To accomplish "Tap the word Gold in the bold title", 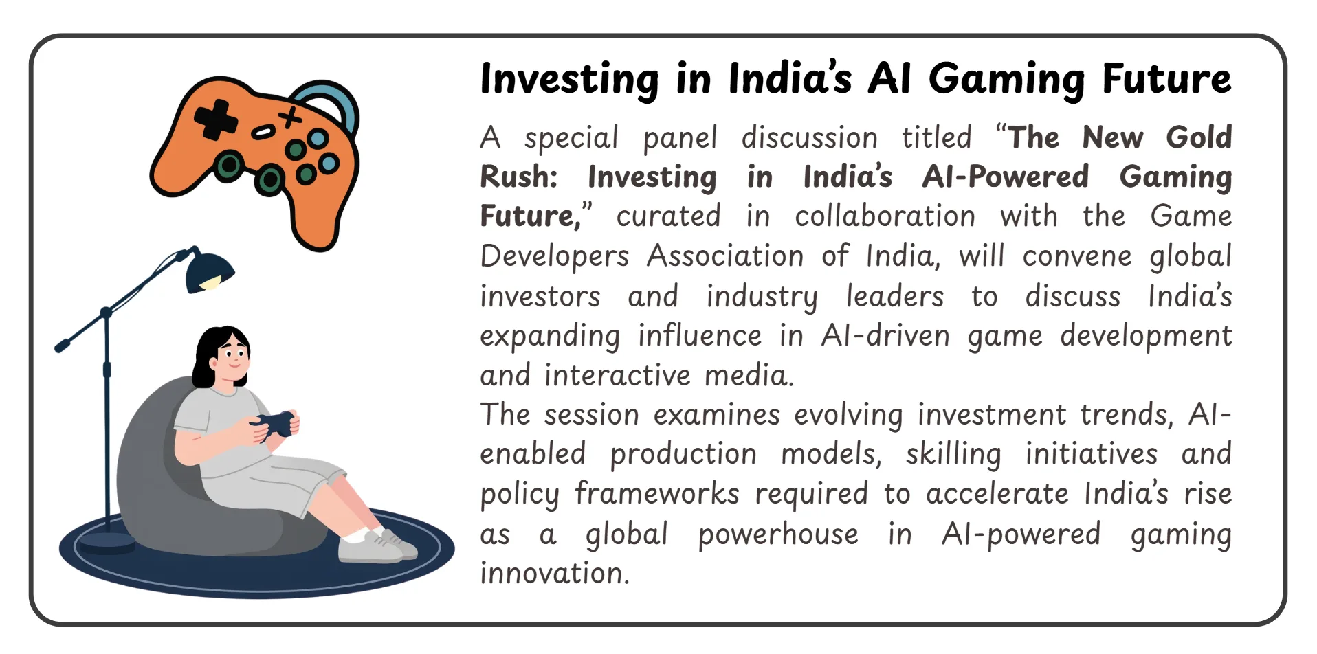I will [x=1198, y=137].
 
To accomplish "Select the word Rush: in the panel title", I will [x=519, y=177].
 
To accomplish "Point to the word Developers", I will [x=555, y=256].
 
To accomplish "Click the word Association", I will [x=725, y=256].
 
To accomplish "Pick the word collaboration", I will [x=885, y=216].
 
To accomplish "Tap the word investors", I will [x=540, y=296].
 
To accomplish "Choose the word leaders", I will [x=895, y=296].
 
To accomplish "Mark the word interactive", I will [x=617, y=375].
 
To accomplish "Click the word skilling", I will [x=953, y=454].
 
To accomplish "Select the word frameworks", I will [x=656, y=493].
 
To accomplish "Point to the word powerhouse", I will [x=778, y=534].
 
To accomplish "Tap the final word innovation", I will [x=554, y=573].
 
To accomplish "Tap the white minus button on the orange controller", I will [x=262, y=132].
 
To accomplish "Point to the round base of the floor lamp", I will [x=107, y=543].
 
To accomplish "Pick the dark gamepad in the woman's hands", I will [x=276, y=423].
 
